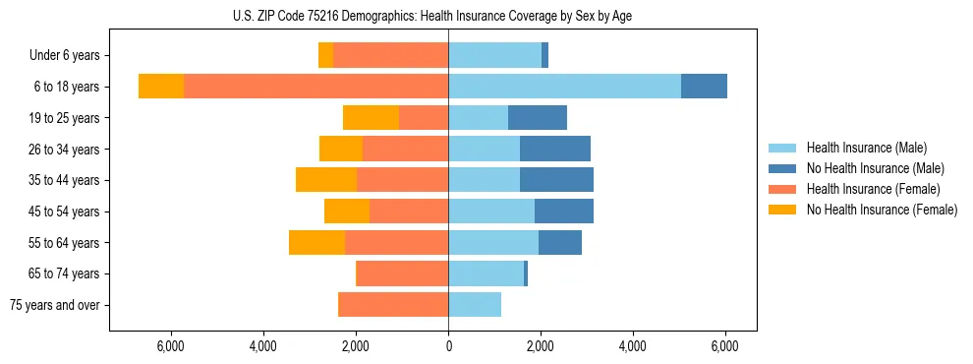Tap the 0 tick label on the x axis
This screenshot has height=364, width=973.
coord(448,346)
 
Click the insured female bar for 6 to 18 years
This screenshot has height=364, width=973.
coord(315,87)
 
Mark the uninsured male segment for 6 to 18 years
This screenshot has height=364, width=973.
coord(704,87)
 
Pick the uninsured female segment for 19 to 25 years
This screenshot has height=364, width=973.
coord(371,118)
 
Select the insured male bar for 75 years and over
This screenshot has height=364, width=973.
coord(475,305)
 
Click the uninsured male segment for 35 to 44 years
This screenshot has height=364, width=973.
coord(556,180)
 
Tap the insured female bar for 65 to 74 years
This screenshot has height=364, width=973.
coord(402,273)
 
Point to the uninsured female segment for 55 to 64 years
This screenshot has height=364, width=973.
coord(316,242)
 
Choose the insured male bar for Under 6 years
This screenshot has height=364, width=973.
coord(494,56)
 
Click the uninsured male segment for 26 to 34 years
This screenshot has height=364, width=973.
coord(555,149)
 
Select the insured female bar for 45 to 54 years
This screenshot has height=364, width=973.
coord(409,212)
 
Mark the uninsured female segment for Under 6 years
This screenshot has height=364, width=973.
coord(325,56)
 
